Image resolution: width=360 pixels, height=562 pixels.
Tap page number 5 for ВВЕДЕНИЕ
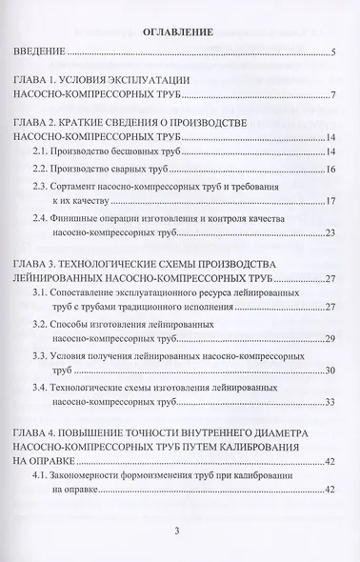[x=333, y=53]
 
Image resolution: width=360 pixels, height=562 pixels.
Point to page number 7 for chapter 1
[x=333, y=96]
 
